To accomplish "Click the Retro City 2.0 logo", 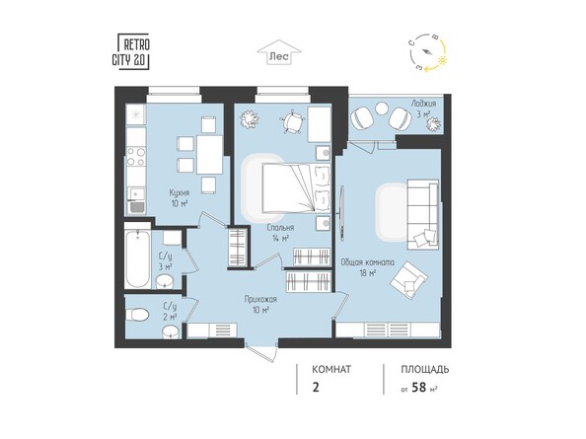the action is (x=131, y=51).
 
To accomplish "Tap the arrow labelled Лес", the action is (x=279, y=52).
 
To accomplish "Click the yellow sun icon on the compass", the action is (x=443, y=60).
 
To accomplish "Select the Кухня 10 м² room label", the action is (x=180, y=198).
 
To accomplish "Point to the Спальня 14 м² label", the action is (x=280, y=233).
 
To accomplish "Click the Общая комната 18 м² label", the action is (x=367, y=267).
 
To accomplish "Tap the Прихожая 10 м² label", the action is (x=260, y=304).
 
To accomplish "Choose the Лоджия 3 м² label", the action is (x=423, y=109).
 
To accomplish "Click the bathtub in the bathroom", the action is (x=138, y=259).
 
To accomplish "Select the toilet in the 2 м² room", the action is (x=137, y=315).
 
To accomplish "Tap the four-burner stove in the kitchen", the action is (x=136, y=157).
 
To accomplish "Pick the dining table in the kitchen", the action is (x=209, y=154).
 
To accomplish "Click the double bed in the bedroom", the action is (x=296, y=187).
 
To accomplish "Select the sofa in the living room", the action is (x=422, y=214).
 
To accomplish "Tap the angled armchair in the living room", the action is (x=408, y=279).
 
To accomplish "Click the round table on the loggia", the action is (x=382, y=110).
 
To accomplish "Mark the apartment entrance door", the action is (x=261, y=351).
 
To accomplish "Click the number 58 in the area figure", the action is (x=419, y=388).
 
